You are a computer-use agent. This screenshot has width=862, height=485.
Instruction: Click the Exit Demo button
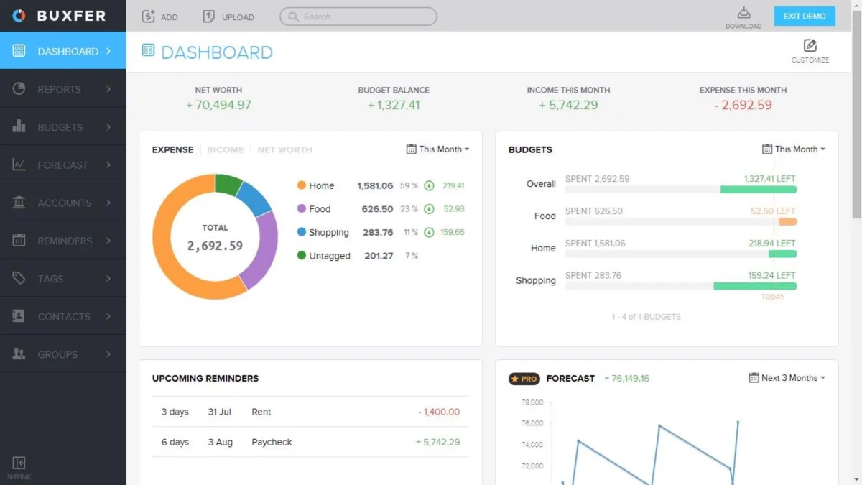pos(805,16)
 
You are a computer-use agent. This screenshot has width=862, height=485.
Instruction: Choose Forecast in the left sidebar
pos(62,165)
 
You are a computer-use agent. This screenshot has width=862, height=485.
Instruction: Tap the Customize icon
pos(810,46)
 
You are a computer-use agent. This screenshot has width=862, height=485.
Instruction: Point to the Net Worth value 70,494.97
pos(218,105)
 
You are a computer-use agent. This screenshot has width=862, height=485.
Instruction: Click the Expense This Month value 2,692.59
pos(743,105)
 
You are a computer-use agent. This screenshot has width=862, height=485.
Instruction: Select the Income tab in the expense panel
pos(225,149)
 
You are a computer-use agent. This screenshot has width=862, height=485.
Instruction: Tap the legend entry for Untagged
pos(329,256)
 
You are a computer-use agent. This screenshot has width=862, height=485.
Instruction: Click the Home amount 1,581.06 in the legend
pos(375,185)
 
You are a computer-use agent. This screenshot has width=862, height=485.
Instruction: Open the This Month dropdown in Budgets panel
pos(794,149)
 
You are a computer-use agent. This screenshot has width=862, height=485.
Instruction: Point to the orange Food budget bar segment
pos(788,222)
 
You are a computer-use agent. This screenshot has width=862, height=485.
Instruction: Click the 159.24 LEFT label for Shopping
pos(771,275)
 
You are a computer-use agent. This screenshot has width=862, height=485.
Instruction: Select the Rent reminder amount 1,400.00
pos(439,412)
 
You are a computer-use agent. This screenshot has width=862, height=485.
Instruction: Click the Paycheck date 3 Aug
pos(220,442)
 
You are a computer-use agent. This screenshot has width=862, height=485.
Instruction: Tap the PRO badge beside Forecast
pos(524,379)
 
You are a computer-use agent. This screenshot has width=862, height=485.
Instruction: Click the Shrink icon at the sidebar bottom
pos(19,463)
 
